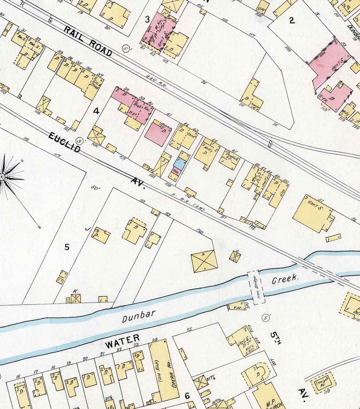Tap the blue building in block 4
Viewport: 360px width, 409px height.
(x=179, y=165)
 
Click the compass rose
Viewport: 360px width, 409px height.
(x=7, y=177)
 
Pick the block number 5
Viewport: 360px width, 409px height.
(x=67, y=247)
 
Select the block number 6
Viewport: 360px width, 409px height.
(x=187, y=396)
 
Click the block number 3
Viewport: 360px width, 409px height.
(x=147, y=19)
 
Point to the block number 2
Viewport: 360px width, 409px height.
(x=292, y=19)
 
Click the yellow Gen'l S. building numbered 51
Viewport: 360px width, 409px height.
(x=312, y=214)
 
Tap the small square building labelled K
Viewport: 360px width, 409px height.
(x=75, y=298)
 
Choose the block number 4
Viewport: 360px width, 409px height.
(x=96, y=111)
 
